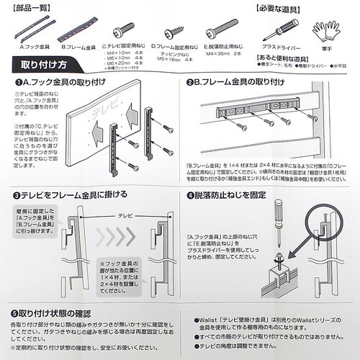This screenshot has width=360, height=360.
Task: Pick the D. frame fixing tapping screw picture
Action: click(x=172, y=32)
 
